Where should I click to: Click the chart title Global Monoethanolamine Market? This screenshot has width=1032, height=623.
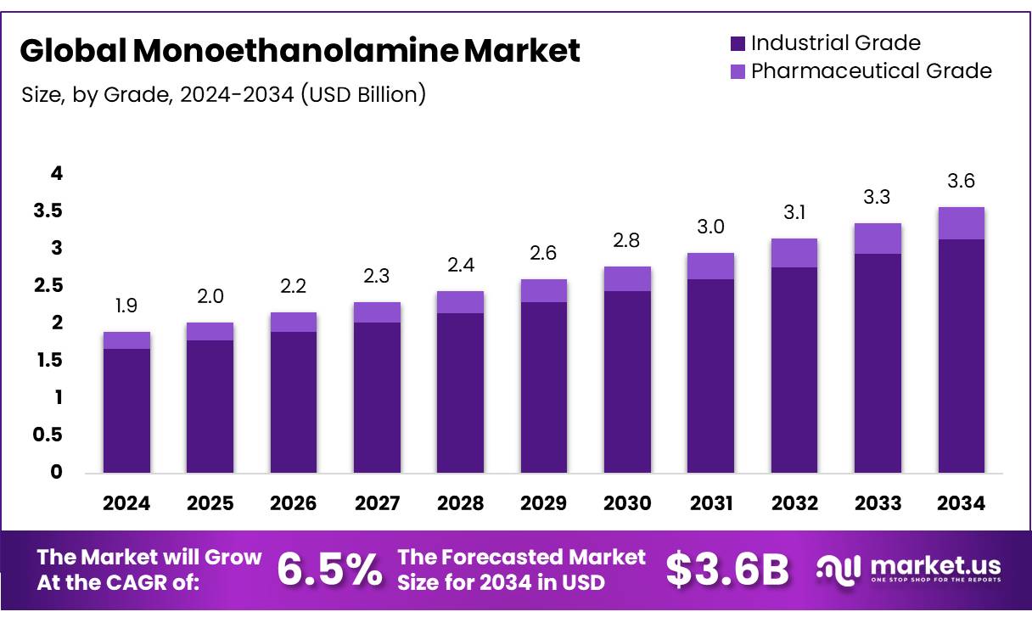tap(300, 51)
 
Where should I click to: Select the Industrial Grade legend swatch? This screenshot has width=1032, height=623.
tap(737, 43)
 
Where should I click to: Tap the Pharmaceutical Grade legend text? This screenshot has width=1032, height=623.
tap(871, 70)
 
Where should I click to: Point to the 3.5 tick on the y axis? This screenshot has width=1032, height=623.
tap(48, 211)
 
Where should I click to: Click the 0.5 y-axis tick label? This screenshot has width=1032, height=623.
tap(48, 435)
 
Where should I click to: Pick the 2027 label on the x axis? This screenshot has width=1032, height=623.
tap(377, 503)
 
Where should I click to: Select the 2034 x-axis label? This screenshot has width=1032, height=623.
tap(962, 503)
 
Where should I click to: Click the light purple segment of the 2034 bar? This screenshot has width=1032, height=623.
tap(962, 223)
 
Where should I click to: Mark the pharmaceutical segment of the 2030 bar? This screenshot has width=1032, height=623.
tap(627, 278)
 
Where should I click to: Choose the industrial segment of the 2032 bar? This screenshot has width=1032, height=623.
tap(794, 369)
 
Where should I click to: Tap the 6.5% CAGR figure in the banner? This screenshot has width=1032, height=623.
tap(329, 570)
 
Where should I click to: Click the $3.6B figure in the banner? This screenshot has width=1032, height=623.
tap(727, 570)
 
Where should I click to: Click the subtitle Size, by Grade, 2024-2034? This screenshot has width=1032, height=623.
tap(223, 94)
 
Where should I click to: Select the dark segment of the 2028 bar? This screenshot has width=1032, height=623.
tap(460, 392)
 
